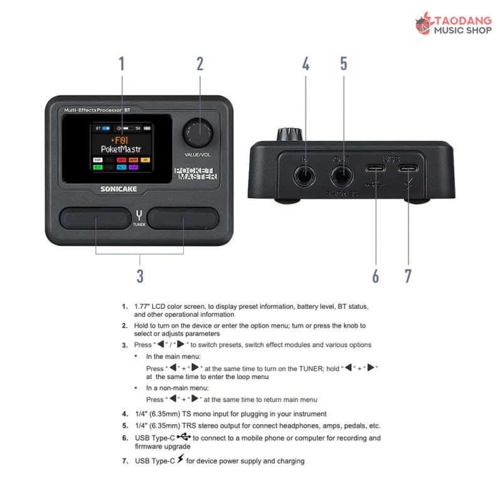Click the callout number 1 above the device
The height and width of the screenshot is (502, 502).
[122, 63]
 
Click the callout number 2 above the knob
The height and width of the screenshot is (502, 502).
[200, 63]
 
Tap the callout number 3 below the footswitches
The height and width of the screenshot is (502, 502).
[140, 275]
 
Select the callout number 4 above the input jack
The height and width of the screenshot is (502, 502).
[306, 63]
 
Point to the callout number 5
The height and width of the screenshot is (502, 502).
[344, 63]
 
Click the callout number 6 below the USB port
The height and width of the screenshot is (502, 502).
[376, 275]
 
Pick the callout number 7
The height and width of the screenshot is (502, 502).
[408, 275]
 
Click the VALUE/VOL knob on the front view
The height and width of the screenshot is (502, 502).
[198, 131]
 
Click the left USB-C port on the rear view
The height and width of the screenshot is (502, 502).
[376, 169]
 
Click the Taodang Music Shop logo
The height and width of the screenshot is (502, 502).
[452, 25]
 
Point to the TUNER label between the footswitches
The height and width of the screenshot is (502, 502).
[139, 224]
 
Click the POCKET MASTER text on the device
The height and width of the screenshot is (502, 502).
[195, 174]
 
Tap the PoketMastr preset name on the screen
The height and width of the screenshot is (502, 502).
[121, 150]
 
